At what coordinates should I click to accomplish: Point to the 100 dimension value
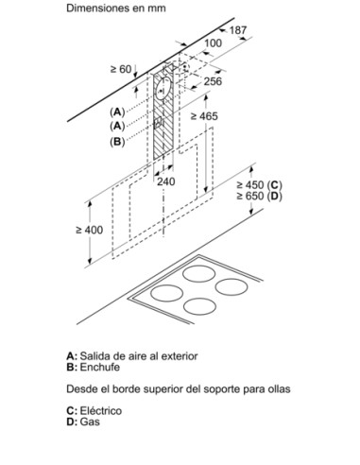[214, 43]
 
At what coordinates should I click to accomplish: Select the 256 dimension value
[213, 81]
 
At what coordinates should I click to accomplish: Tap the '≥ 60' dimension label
[120, 69]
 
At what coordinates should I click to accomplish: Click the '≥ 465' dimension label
[205, 115]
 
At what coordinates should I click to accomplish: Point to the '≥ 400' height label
[89, 230]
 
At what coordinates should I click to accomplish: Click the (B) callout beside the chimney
[117, 141]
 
